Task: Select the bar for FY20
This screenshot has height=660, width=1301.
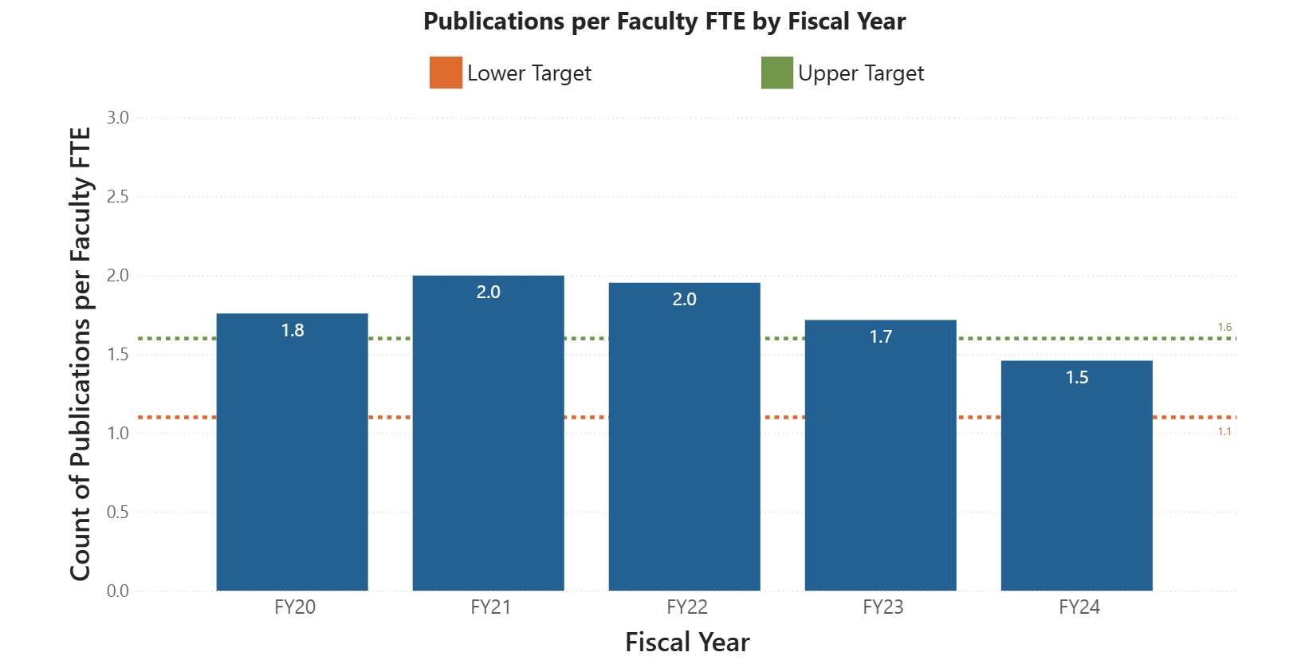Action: point(292,462)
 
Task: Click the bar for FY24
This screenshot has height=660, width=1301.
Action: point(1076,486)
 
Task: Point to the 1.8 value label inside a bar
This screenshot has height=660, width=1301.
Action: point(293,331)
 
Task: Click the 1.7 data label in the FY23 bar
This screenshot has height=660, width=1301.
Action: point(881,337)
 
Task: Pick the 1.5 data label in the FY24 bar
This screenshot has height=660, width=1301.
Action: point(1077,378)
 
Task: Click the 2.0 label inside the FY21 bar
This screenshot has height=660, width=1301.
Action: point(489,293)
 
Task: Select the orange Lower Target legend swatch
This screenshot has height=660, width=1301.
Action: point(446,73)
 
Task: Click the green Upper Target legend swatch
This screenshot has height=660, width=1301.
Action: point(777,73)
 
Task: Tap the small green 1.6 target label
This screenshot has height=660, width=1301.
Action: point(1224,328)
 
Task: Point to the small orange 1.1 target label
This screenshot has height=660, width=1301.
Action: point(1224,432)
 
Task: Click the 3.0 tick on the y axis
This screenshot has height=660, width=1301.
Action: point(118,118)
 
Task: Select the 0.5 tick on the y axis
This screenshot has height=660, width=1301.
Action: point(118,513)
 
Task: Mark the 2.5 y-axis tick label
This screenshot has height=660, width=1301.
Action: point(118,197)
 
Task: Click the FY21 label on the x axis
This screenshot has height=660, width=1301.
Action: point(490,607)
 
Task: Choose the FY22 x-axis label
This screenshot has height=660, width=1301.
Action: point(686,607)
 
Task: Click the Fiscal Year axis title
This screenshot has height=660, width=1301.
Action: point(687,642)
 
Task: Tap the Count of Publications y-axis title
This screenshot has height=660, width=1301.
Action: point(81,355)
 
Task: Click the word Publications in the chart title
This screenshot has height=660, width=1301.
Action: point(494,22)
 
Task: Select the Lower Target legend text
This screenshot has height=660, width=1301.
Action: point(529,73)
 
